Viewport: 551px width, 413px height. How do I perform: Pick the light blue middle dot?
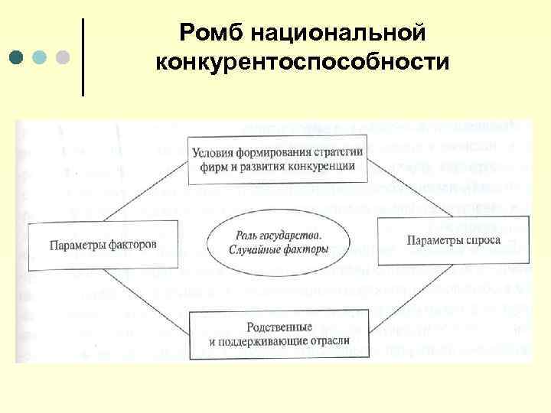[x=39, y=57]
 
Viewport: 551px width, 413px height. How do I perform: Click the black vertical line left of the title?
[x=82, y=57]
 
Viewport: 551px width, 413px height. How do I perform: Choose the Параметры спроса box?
[x=454, y=241]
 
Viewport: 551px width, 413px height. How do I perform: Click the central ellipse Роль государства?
[x=279, y=243]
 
